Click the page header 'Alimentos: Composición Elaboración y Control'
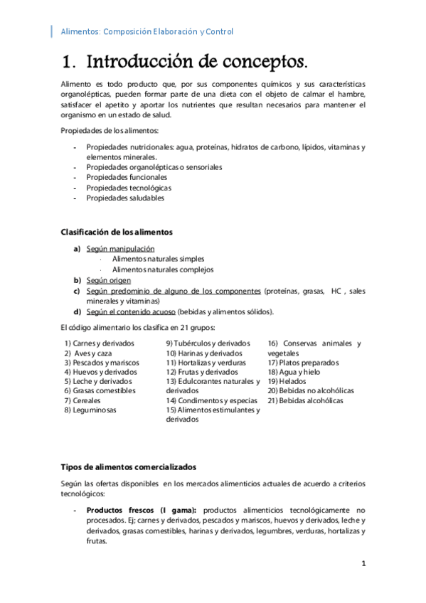(147, 32)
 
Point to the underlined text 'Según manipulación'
(120, 249)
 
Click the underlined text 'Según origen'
(109, 280)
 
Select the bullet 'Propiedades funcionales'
(127, 177)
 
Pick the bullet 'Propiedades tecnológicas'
(129, 188)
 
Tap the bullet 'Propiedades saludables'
(125, 198)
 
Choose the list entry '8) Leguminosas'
(90, 410)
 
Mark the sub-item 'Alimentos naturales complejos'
(163, 270)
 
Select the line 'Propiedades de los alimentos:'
(110, 131)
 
